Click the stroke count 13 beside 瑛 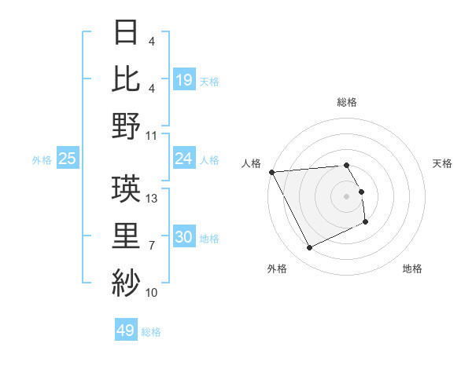[x=153, y=199]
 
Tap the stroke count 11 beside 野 [x=153, y=136]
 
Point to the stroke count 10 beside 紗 [x=153, y=293]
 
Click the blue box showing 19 [x=183, y=79]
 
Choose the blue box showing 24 [x=183, y=159]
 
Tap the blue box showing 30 [x=183, y=237]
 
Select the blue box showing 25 [x=67, y=159]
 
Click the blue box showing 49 [x=126, y=331]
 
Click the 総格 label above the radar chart [x=346, y=102]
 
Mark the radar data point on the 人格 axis [x=271, y=172]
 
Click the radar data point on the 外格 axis [x=309, y=248]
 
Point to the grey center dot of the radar [x=346, y=196]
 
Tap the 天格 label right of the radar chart [x=442, y=163]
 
